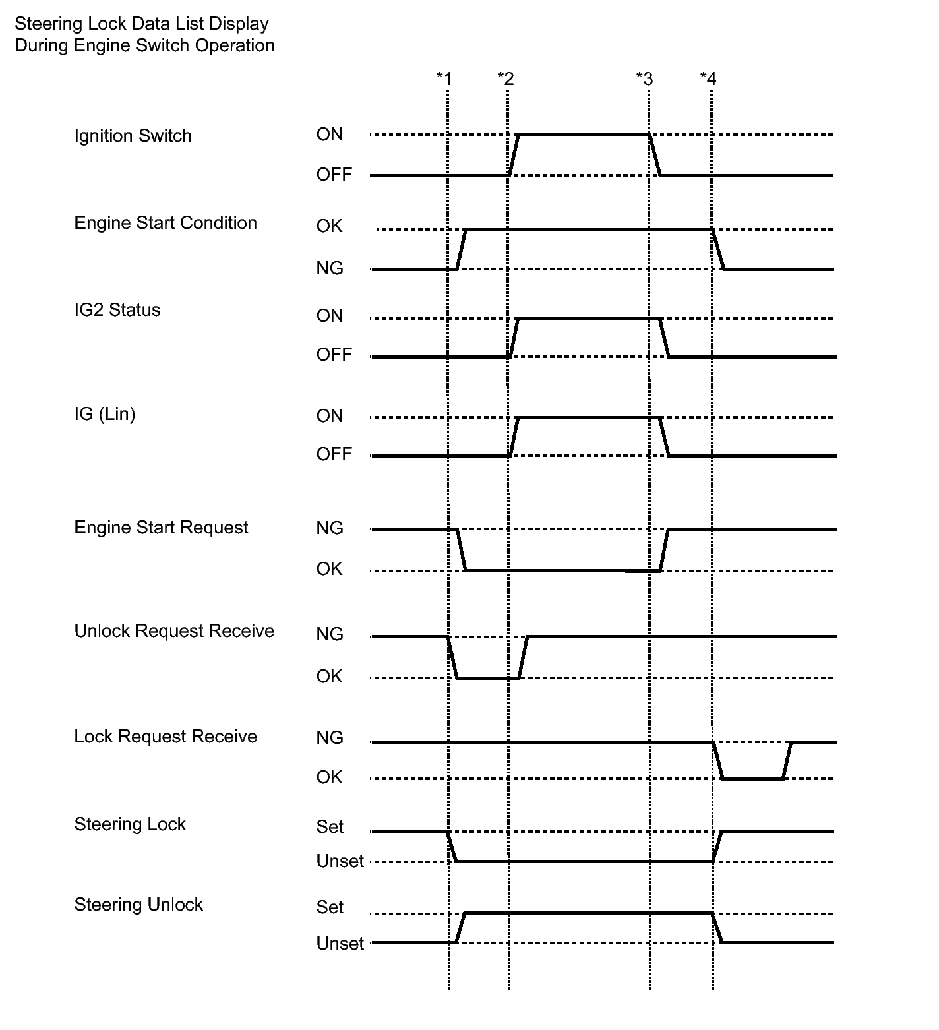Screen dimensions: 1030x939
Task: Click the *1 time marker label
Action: [x=444, y=79]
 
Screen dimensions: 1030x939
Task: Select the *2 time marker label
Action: [x=506, y=79]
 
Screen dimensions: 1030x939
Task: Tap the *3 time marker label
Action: [x=644, y=79]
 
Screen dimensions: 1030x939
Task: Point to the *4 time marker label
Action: [x=708, y=79]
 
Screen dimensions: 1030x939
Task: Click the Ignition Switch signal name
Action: [x=133, y=136]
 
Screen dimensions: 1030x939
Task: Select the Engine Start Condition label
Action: [x=166, y=223]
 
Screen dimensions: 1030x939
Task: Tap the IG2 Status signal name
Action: [x=117, y=310]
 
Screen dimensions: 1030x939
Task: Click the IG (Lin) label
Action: [x=105, y=414]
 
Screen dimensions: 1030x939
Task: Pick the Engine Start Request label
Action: [x=161, y=528]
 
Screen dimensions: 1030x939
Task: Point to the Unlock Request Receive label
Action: [x=174, y=631]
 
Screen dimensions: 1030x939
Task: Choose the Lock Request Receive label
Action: [x=166, y=737]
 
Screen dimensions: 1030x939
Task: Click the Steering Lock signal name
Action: [x=130, y=824]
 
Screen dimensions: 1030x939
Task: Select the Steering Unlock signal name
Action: [x=138, y=905]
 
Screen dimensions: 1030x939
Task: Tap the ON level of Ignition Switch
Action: [x=330, y=135]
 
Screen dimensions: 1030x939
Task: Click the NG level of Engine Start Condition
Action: [x=330, y=268]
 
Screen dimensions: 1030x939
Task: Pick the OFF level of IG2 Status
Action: [x=334, y=355]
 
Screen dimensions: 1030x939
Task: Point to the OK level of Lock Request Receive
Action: [x=330, y=777]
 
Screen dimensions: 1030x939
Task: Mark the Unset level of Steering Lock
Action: [x=340, y=861]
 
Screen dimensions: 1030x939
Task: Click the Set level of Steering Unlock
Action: [x=330, y=907]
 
